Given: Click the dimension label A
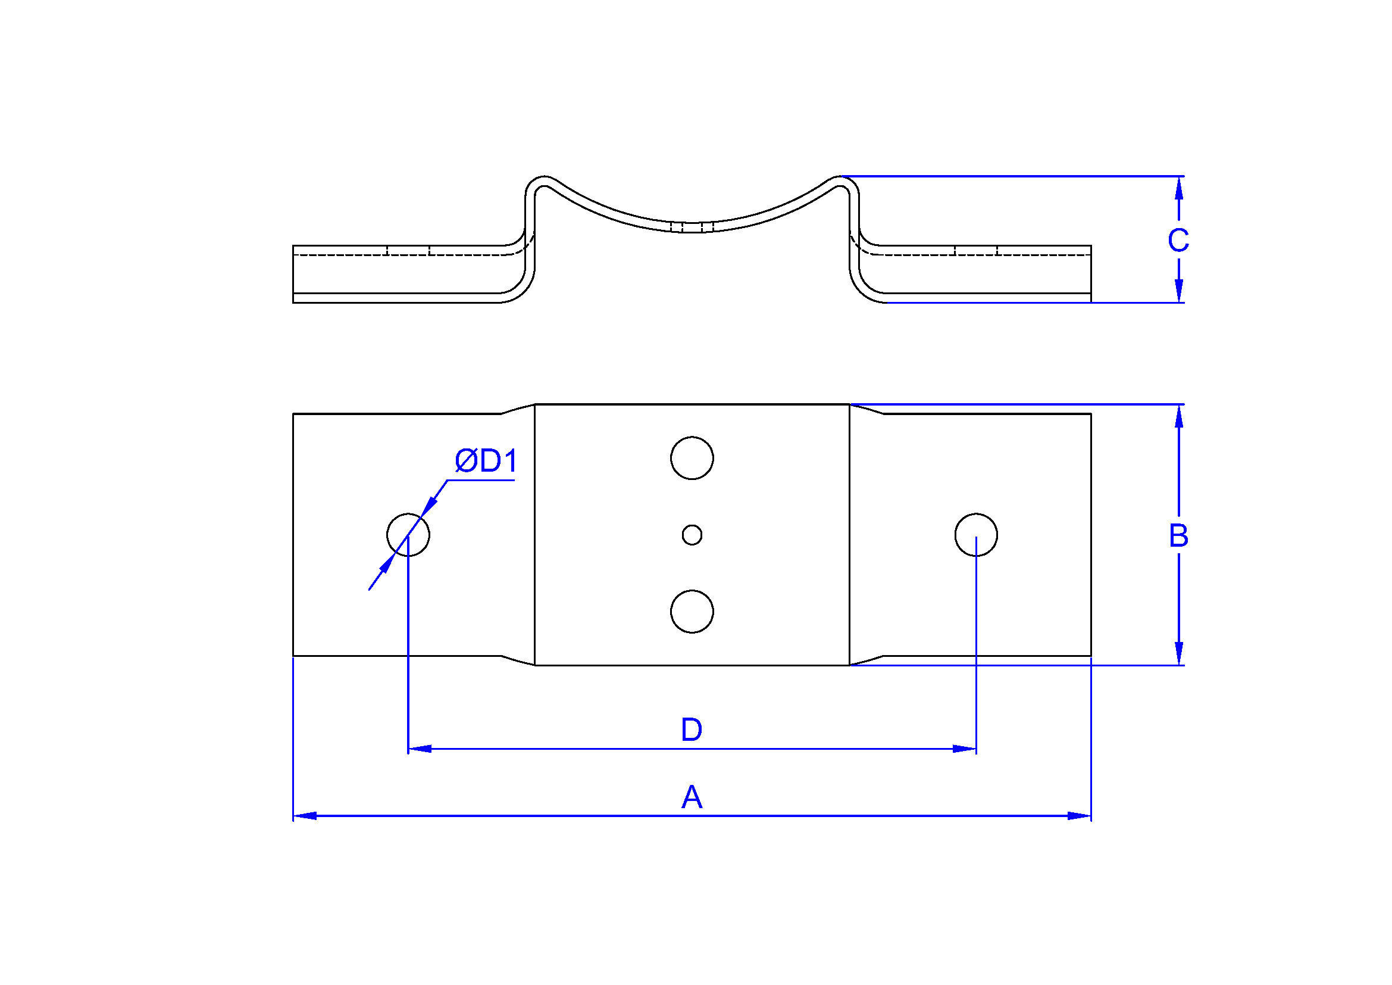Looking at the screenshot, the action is tap(692, 796).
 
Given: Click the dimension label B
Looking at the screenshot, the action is tap(1178, 535).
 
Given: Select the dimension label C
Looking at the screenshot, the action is tap(1178, 240).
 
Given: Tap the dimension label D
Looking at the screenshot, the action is tap(692, 729).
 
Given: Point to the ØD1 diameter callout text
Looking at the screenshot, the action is tap(486, 461).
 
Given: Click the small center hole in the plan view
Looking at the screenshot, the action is tap(692, 535).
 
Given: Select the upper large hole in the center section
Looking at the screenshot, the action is tap(692, 458).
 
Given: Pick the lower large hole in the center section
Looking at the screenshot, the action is tap(692, 612).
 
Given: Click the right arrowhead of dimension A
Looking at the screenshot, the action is tap(1079, 816).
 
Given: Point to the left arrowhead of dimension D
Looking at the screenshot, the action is tap(420, 749).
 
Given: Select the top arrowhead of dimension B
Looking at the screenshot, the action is tap(1178, 417).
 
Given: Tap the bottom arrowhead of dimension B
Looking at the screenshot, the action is tap(1178, 653).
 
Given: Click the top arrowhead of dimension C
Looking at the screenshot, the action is tap(1178, 189).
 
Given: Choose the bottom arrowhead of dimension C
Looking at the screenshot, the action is tap(1178, 291).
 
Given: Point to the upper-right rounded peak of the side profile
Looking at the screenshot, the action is tap(843, 177).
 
